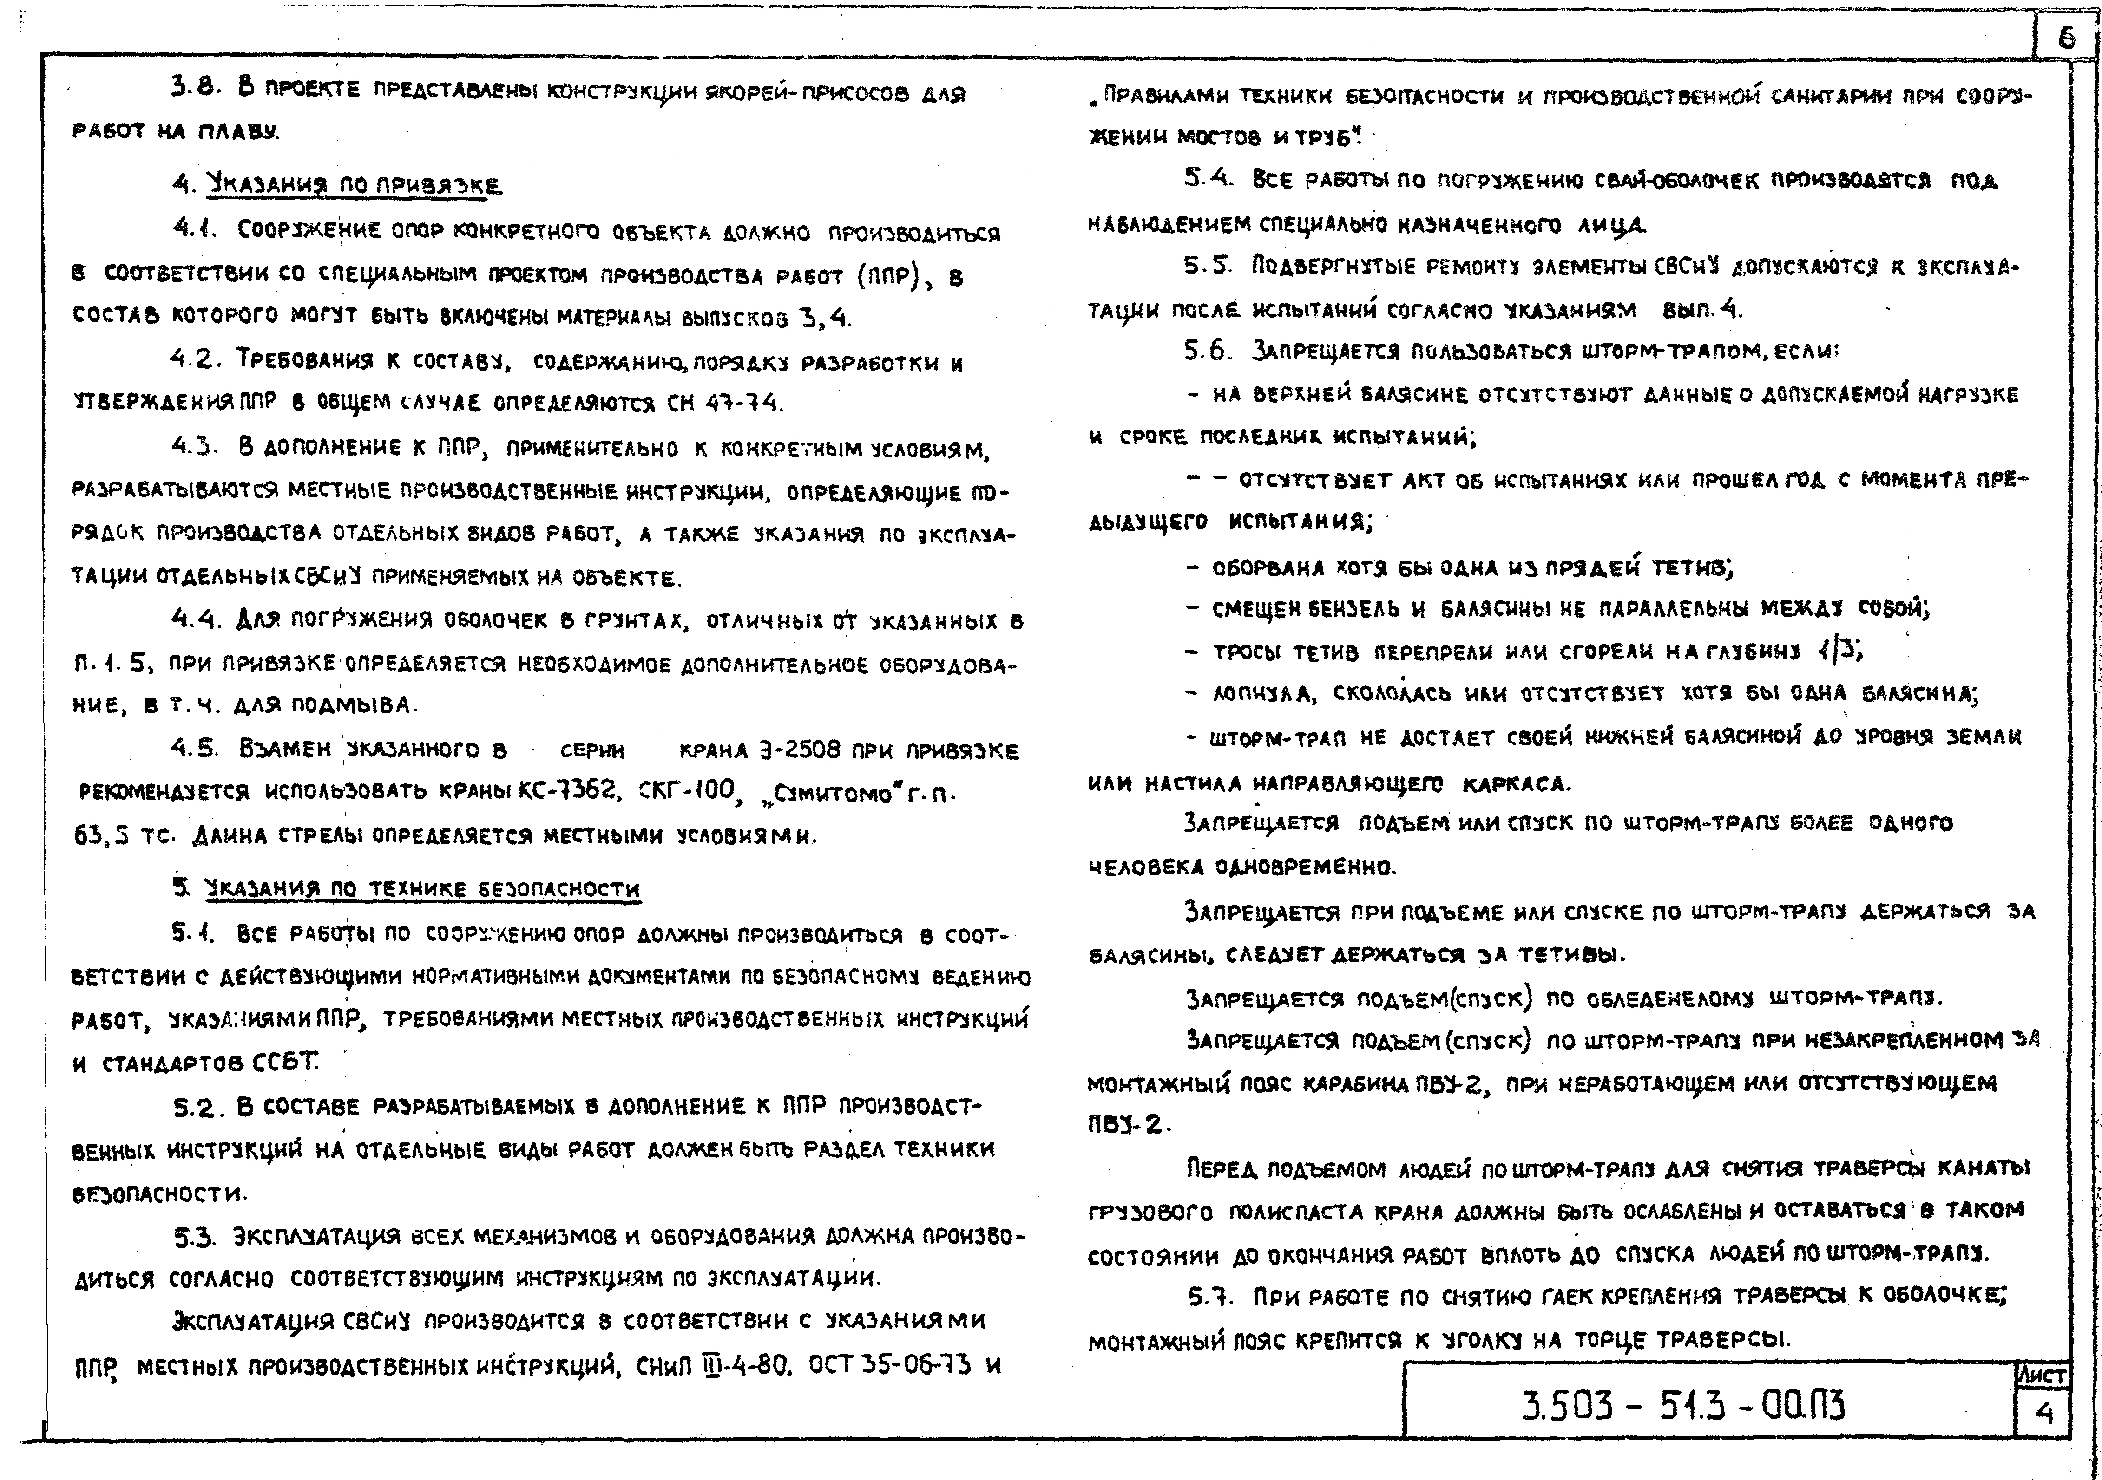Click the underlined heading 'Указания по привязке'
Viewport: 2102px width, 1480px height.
point(354,185)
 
